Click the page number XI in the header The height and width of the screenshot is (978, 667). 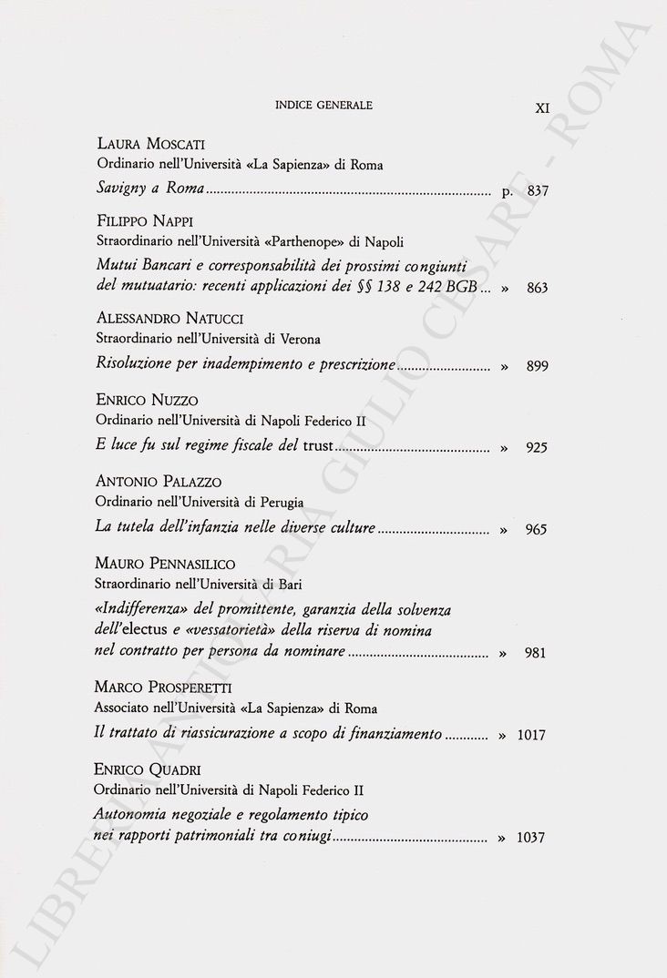click(x=542, y=107)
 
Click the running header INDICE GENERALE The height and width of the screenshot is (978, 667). click(x=323, y=106)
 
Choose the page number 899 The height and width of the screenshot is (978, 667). click(x=536, y=366)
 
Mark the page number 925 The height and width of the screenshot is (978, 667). click(x=536, y=448)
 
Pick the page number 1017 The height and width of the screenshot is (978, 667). click(x=530, y=735)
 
